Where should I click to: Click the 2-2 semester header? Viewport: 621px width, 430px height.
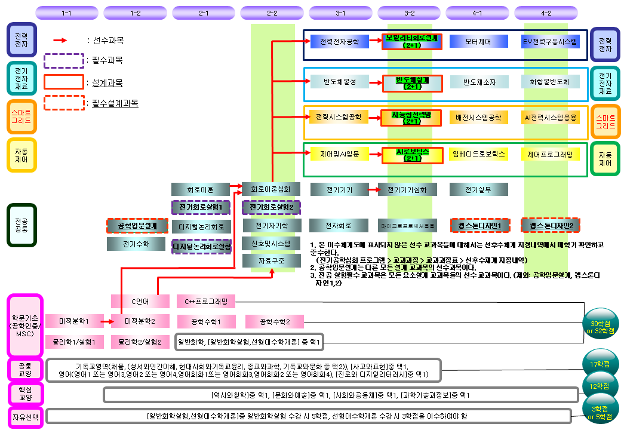(x=272, y=13)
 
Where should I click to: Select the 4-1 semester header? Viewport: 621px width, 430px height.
(x=478, y=13)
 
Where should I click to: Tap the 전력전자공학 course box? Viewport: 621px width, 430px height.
(x=340, y=42)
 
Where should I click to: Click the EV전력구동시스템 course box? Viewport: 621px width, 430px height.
(x=550, y=42)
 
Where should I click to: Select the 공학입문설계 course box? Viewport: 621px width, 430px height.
(x=137, y=226)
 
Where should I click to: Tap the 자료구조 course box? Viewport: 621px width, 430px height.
(x=272, y=261)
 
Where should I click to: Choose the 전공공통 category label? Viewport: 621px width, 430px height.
(x=21, y=225)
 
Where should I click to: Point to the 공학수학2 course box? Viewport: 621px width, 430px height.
(x=275, y=322)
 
